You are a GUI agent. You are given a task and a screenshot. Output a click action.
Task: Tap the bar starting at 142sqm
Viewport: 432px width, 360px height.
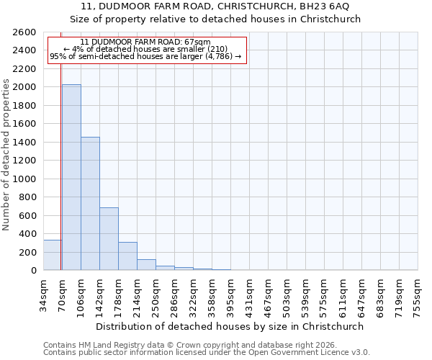pos(109,239)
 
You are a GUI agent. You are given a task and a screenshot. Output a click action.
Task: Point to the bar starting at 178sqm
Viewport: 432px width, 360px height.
pos(127,256)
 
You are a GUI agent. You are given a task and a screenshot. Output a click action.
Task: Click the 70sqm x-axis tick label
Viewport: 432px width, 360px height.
pos(62,292)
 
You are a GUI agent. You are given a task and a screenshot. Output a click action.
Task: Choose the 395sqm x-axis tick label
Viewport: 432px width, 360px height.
pos(230,294)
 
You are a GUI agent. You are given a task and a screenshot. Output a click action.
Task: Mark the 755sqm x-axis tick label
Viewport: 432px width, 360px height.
pos(418,294)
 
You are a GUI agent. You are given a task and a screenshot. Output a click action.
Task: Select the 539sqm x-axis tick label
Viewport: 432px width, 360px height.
pos(305,294)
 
